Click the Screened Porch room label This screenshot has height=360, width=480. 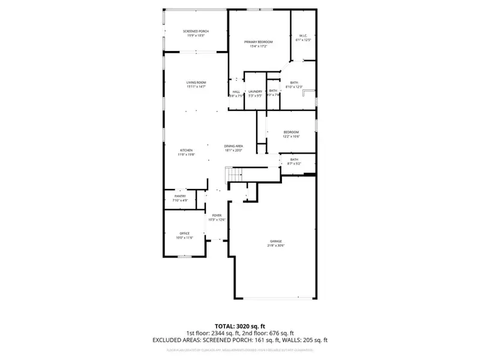click(196, 31)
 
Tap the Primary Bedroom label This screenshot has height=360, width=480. click(259, 42)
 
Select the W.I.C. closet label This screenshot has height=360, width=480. click(303, 35)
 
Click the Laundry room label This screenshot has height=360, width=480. click(256, 91)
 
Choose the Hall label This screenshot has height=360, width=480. click(236, 91)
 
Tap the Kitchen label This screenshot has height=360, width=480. click(187, 150)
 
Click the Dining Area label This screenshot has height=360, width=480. click(233, 146)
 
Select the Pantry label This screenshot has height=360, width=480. click(181, 196)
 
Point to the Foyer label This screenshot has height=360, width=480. click(217, 215)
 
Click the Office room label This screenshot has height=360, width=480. click(185, 233)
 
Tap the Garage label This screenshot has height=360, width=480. click(275, 241)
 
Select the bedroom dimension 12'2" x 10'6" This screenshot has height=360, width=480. click(291, 137)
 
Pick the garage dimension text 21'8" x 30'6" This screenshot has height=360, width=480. click(275, 245)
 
